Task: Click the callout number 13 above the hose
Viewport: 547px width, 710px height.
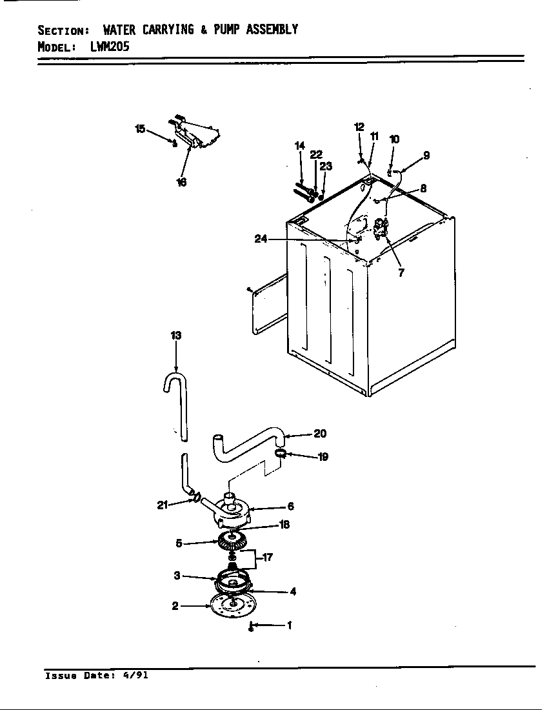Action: (176, 335)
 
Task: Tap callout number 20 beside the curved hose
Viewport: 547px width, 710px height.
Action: (320, 434)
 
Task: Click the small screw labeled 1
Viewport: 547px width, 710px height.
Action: (251, 626)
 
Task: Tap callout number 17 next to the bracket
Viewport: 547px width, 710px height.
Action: (267, 558)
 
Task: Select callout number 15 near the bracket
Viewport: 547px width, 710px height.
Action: (140, 129)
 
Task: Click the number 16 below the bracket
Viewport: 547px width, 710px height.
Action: (181, 183)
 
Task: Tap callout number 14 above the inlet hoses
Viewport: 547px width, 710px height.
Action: (299, 147)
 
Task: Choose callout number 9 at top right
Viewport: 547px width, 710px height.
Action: (426, 155)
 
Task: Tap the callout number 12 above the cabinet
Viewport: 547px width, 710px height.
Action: (359, 127)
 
